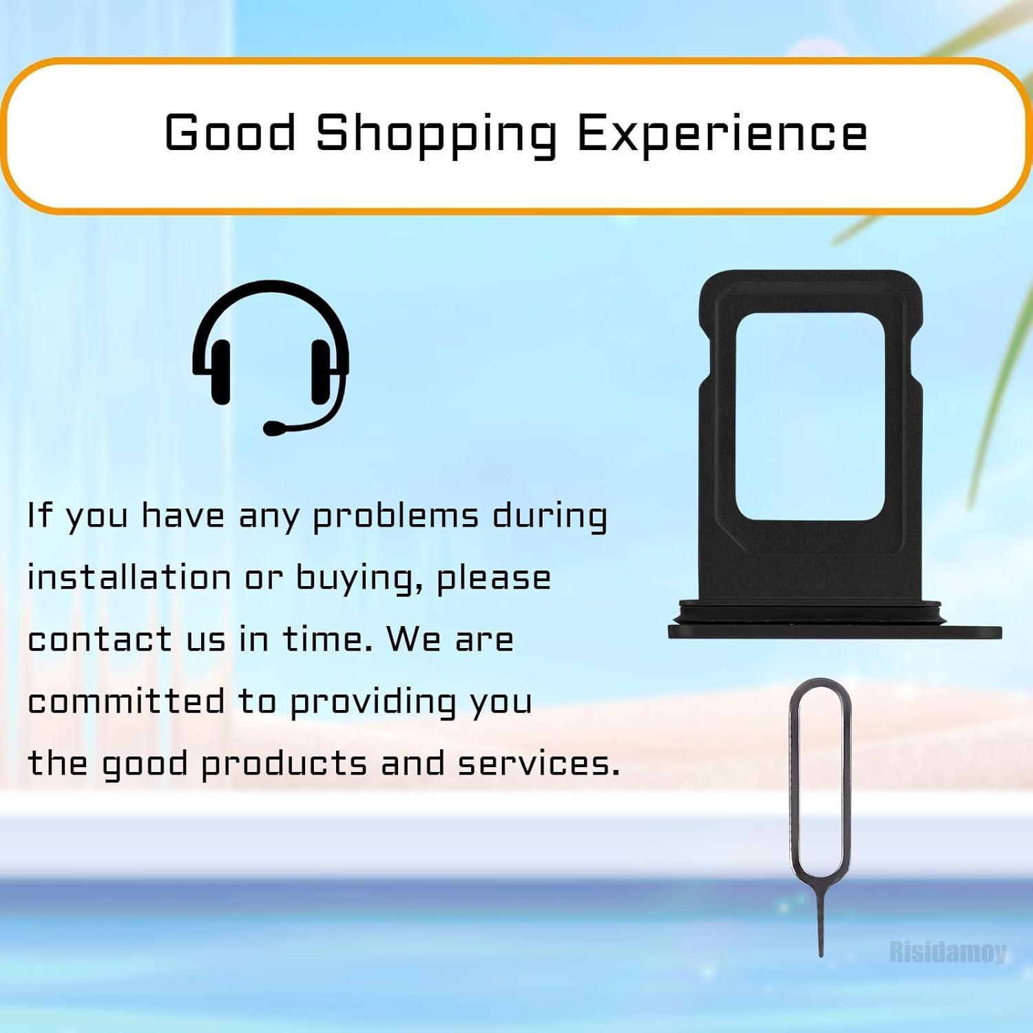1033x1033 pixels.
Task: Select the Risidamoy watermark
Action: tap(948, 952)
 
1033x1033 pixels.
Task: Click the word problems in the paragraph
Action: tap(395, 517)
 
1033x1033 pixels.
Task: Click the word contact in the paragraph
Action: tap(99, 639)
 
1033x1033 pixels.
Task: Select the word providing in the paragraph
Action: tap(372, 704)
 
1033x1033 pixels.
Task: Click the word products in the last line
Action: tap(284, 765)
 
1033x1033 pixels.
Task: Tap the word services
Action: tap(539, 764)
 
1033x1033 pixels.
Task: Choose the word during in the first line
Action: tap(550, 517)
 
